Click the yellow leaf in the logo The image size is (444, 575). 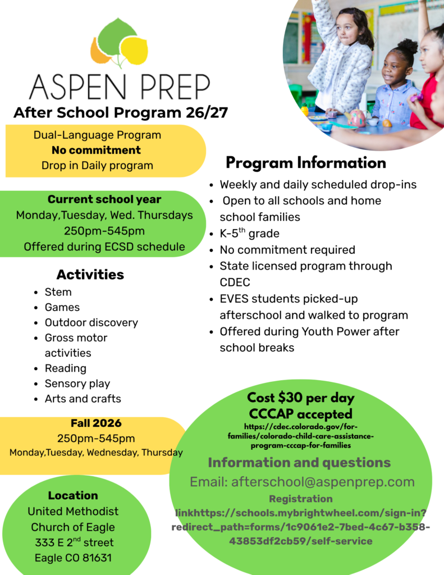(x=135, y=51)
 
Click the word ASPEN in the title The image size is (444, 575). (x=77, y=87)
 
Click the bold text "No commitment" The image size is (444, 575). (x=96, y=150)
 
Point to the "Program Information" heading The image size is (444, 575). (x=306, y=163)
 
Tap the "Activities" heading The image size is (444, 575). (x=90, y=274)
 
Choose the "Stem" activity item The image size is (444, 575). (x=58, y=292)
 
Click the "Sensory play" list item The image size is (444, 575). (x=77, y=384)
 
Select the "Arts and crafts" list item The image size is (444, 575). (x=83, y=399)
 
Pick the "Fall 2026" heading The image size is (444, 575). (x=96, y=423)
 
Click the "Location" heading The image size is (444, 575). (x=73, y=495)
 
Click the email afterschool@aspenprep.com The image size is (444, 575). (x=323, y=482)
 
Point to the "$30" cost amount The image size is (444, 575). (x=290, y=398)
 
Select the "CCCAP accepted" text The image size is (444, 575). (x=301, y=414)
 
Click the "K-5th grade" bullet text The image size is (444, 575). (x=249, y=233)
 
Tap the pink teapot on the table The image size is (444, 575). (x=355, y=118)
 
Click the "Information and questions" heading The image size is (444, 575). (x=299, y=463)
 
